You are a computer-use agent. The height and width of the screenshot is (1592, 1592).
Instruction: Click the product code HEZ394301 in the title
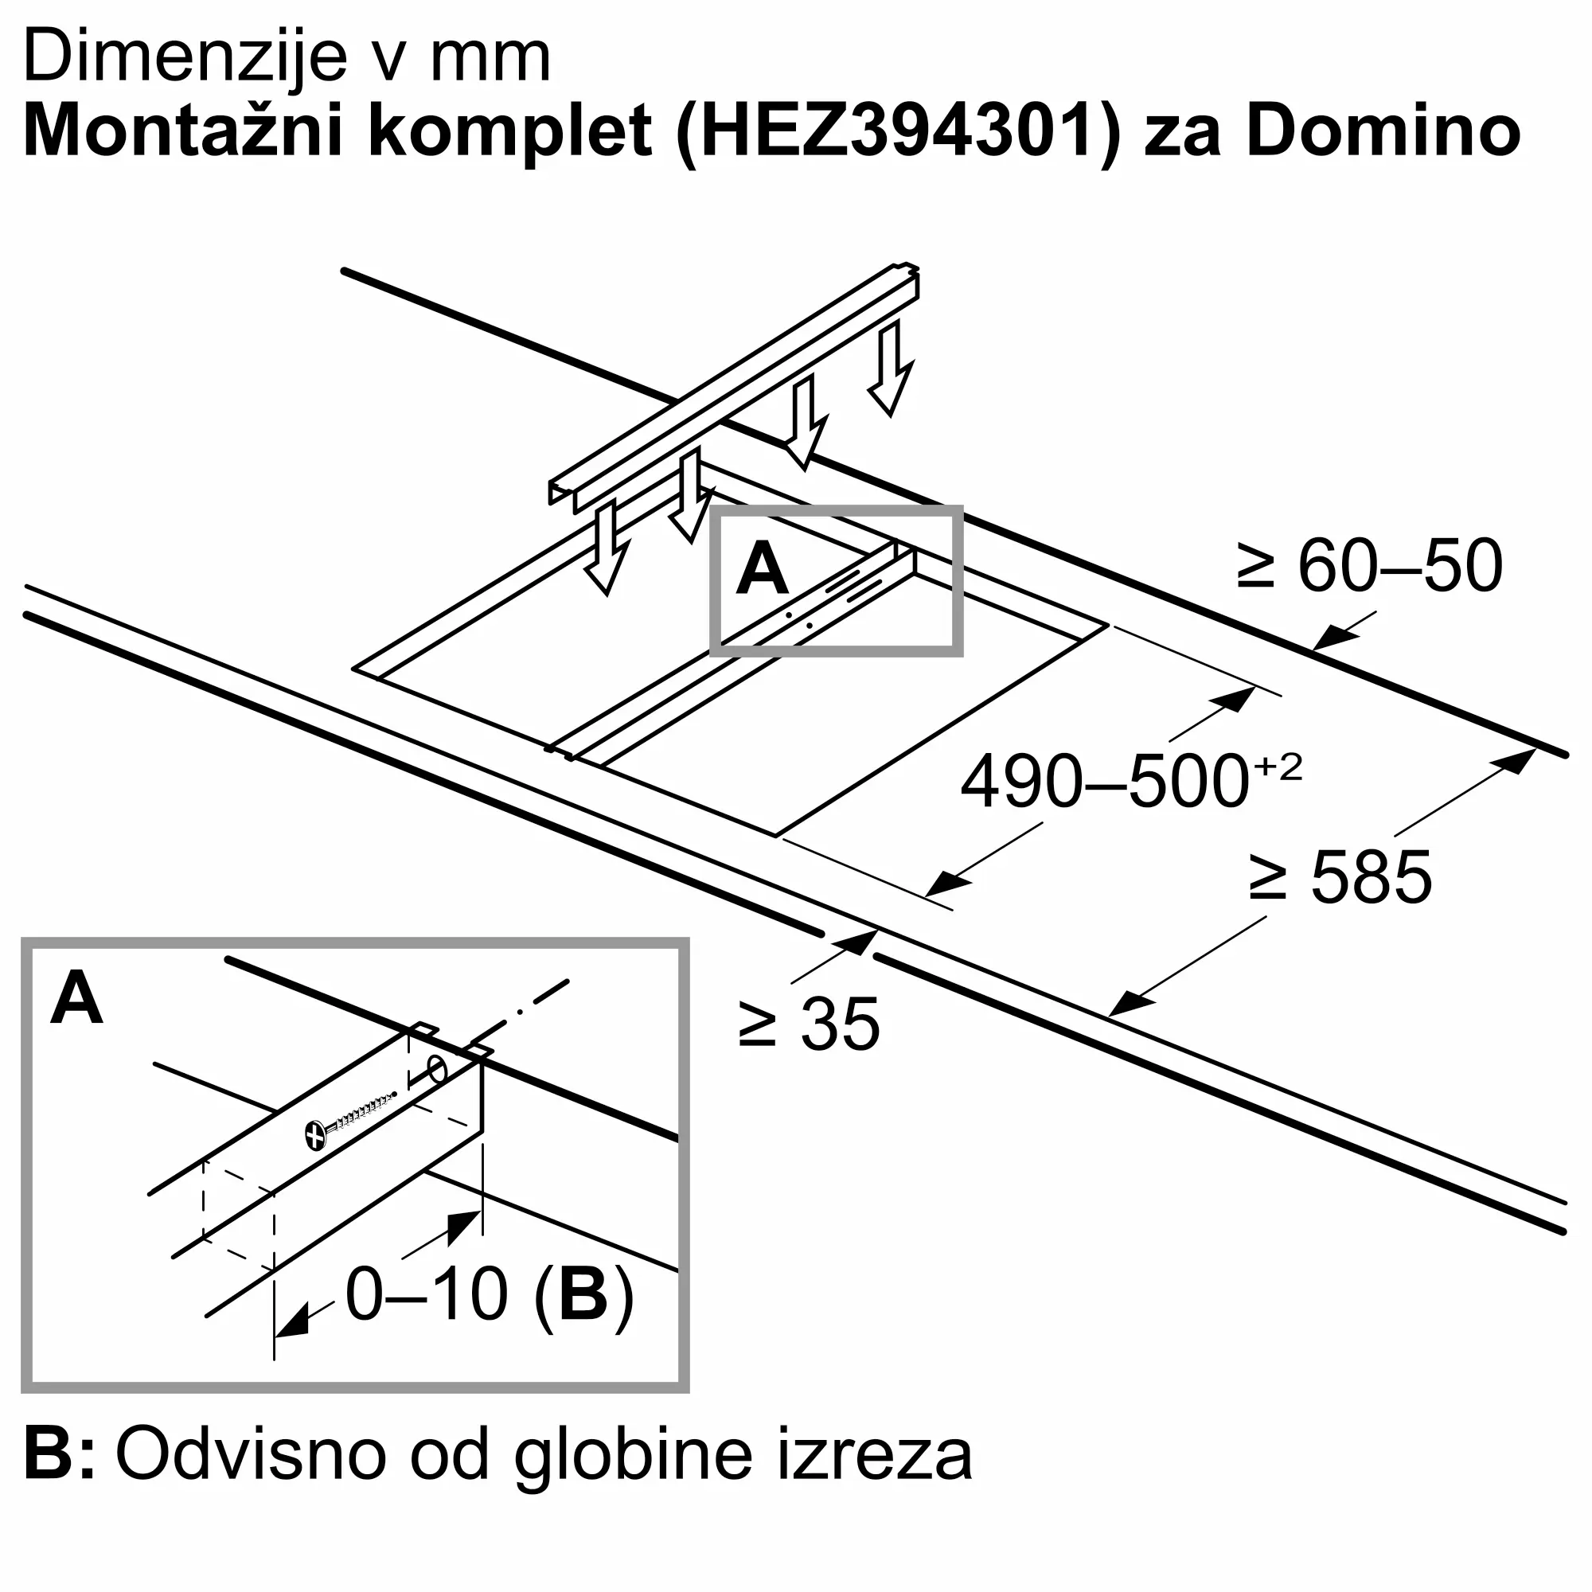point(897,132)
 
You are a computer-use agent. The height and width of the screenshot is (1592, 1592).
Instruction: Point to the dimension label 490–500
point(1104,781)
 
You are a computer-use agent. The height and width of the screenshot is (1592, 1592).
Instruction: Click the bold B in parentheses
point(583,1294)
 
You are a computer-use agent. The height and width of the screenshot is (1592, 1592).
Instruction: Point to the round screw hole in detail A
point(438,1071)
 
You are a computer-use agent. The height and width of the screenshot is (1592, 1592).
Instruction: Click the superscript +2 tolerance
point(1278,767)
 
